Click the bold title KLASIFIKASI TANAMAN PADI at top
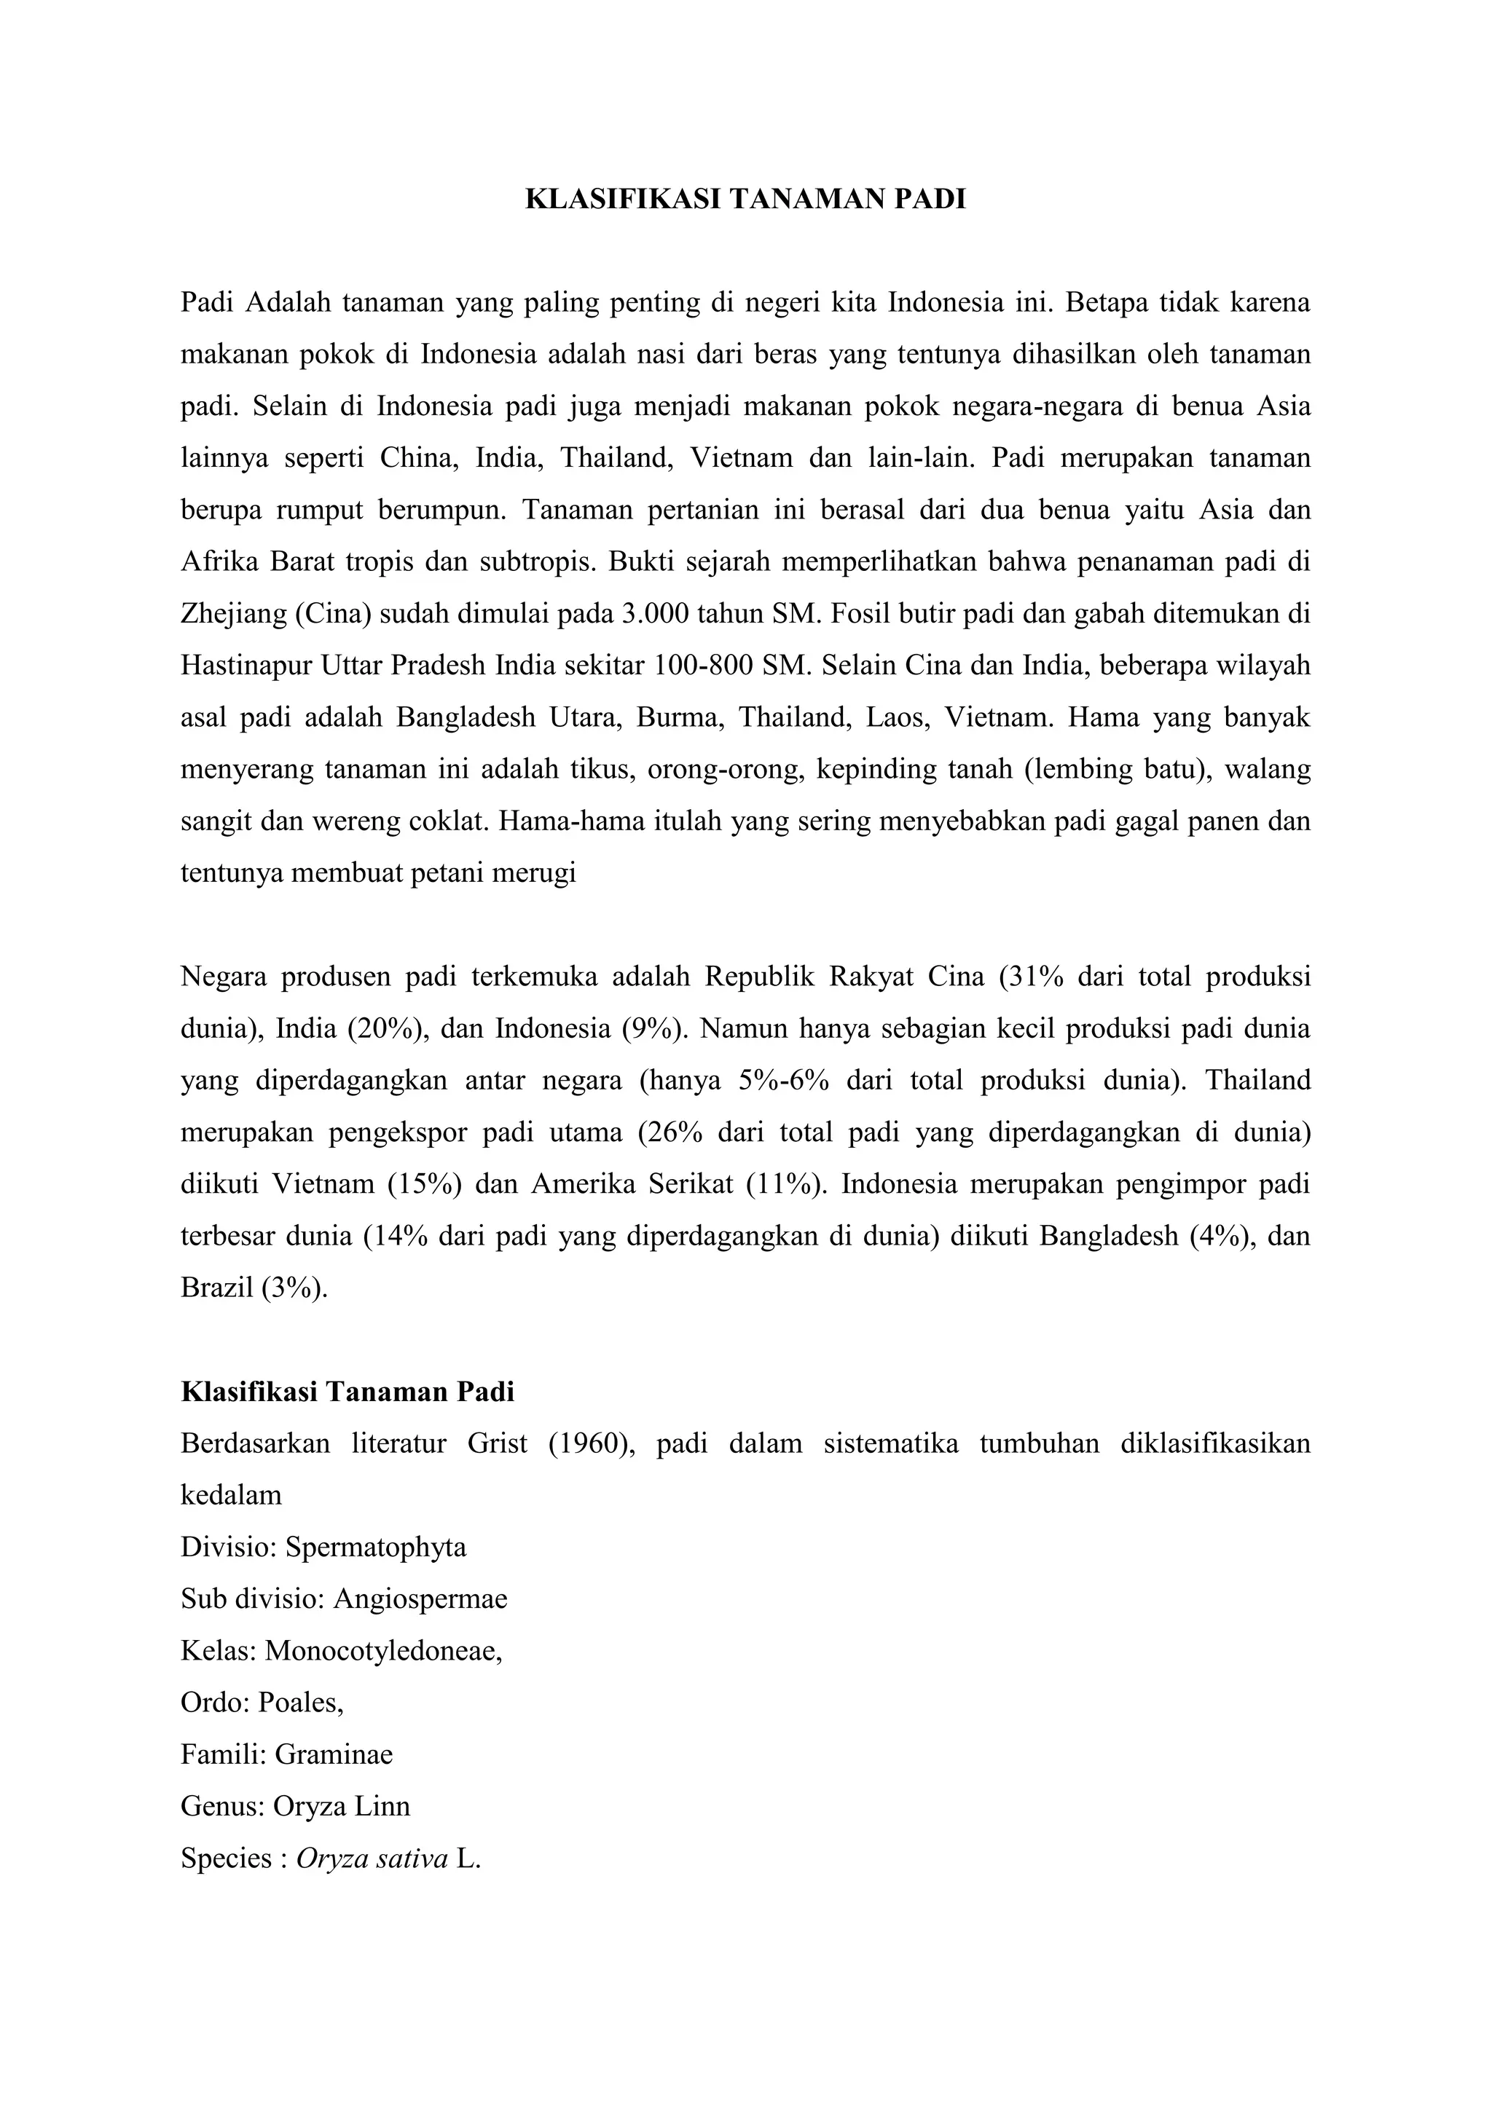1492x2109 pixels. pos(745,200)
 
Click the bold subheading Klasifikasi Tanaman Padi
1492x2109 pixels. pos(348,1392)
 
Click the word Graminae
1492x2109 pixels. pos(334,1754)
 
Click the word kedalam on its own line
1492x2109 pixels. pos(231,1495)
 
